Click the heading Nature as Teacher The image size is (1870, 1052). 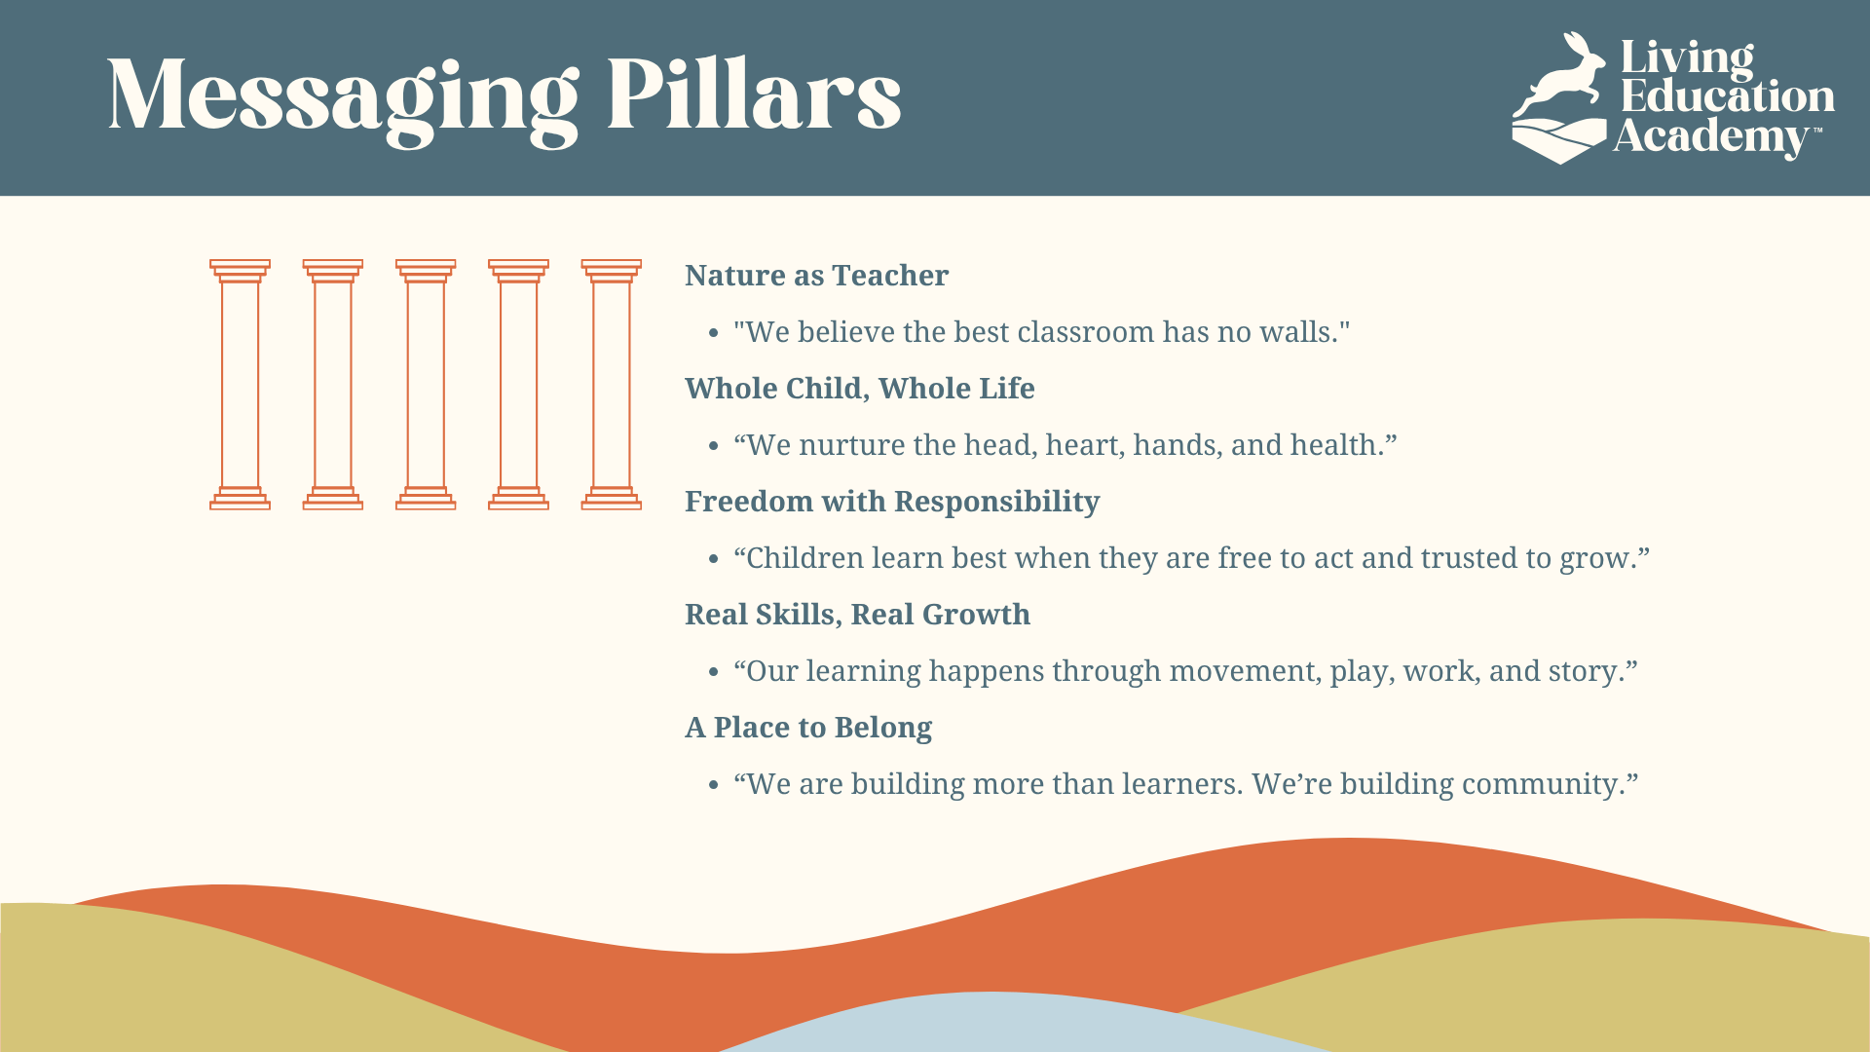pyautogui.click(x=816, y=276)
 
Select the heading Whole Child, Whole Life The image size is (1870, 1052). pyautogui.click(x=859, y=389)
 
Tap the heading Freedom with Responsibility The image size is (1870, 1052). pyautogui.click(x=892, y=502)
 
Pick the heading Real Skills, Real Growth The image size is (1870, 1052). pyautogui.click(x=857, y=615)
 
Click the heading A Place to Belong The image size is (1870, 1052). pyautogui.click(x=808, y=728)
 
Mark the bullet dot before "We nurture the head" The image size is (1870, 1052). pyautogui.click(x=714, y=446)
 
